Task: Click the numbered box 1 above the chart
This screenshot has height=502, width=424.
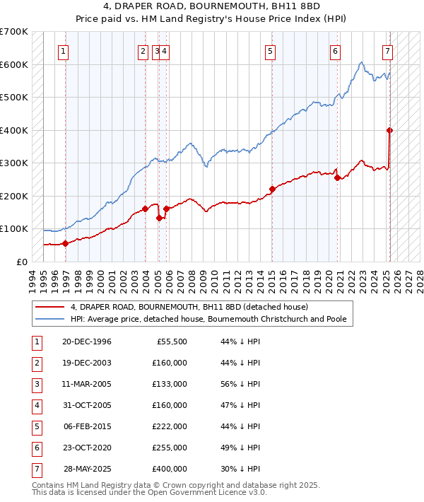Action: click(x=64, y=50)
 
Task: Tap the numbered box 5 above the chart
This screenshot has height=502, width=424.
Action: click(x=271, y=50)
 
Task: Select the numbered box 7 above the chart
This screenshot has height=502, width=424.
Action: click(x=388, y=50)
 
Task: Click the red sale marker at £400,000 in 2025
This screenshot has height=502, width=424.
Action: click(x=389, y=130)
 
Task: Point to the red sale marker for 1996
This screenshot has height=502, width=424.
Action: click(x=66, y=243)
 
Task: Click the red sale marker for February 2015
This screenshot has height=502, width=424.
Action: click(x=272, y=189)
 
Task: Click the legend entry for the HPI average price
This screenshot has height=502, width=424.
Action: click(x=208, y=320)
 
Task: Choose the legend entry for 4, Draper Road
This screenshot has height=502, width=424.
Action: click(x=189, y=308)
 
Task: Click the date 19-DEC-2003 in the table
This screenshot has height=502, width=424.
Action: click(x=87, y=363)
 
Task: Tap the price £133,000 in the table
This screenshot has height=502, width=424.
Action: click(x=170, y=385)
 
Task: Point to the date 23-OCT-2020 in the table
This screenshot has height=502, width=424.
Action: click(x=87, y=448)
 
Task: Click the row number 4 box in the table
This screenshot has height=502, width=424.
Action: click(x=35, y=406)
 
